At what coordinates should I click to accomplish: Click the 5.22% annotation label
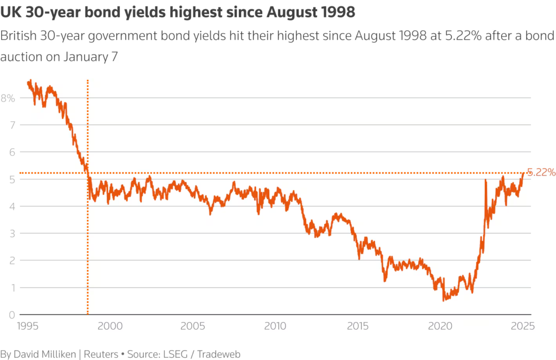click(x=541, y=173)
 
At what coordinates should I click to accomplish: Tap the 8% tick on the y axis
click(x=8, y=98)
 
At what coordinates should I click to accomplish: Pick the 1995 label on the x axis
click(x=28, y=326)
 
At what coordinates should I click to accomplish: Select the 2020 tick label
click(x=440, y=326)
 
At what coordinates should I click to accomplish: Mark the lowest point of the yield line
click(x=444, y=300)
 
